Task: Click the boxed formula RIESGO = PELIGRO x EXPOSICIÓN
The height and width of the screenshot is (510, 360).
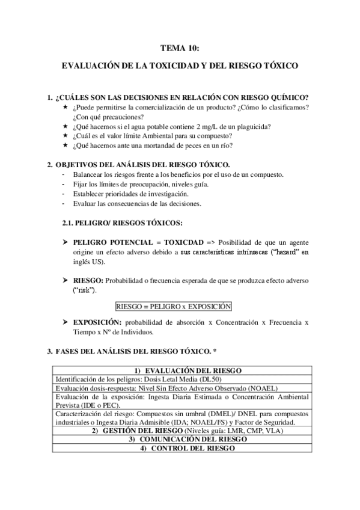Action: [x=173, y=306]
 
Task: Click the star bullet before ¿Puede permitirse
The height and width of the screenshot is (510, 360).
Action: [x=64, y=107]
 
